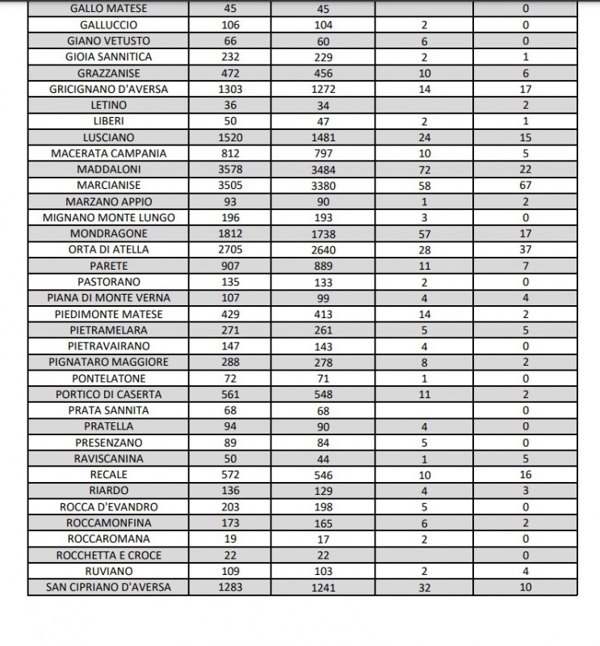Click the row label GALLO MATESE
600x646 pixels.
108,9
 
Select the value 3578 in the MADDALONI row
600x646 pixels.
230,170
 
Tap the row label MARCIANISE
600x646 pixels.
108,185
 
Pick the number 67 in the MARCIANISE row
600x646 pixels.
526,185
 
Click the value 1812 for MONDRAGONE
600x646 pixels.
230,233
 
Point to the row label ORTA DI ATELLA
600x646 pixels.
108,250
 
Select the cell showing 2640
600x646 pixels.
324,250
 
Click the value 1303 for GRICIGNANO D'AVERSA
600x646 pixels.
230,89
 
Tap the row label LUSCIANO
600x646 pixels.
108,137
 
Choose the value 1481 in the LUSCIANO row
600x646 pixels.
324,137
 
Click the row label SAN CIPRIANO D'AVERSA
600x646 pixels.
108,587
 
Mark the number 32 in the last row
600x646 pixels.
425,587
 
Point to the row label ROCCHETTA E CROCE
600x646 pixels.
108,555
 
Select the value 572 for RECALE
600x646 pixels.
230,475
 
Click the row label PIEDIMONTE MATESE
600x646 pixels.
108,314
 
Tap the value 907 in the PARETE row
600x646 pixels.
230,266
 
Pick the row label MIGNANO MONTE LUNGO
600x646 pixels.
108,217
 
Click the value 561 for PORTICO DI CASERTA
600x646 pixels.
230,394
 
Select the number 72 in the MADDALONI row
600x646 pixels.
425,170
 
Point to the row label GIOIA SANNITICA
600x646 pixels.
108,57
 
